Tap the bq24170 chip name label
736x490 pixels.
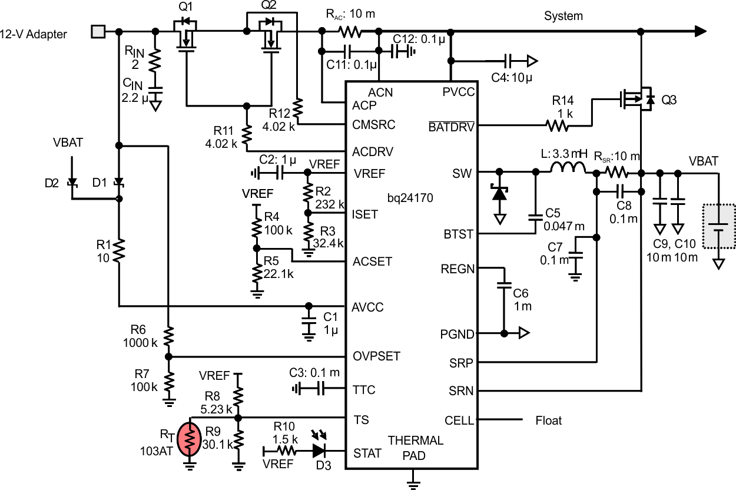click(x=410, y=198)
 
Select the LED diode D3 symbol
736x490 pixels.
click(x=320, y=451)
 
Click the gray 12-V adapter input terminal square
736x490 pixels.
click(x=97, y=32)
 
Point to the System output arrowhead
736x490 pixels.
click(x=699, y=31)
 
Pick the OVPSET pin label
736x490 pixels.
click(x=376, y=356)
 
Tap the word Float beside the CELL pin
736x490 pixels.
click(x=548, y=421)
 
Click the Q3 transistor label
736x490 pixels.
click(x=669, y=101)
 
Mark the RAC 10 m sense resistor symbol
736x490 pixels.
click(x=351, y=31)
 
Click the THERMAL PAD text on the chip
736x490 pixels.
click(x=416, y=448)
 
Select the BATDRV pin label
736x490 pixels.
click(x=452, y=125)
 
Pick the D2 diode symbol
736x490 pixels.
click(x=72, y=183)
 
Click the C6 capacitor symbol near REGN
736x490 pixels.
click(x=504, y=286)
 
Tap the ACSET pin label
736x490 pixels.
click(x=372, y=261)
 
